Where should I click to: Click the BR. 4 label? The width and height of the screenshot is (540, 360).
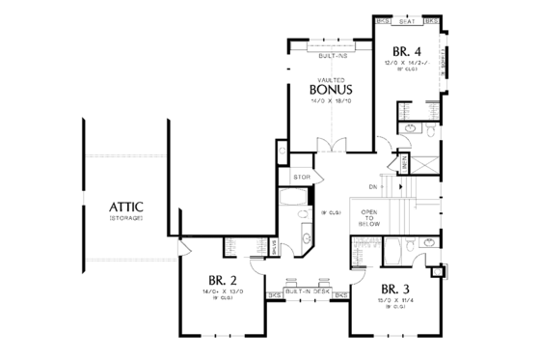pos(406,52)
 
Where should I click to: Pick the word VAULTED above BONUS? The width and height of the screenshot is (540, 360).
pos(330,79)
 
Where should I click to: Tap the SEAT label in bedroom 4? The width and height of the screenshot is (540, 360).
pos(407,19)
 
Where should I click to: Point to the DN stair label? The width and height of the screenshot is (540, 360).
pos(374,186)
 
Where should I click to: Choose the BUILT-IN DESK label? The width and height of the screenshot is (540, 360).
pos(308,291)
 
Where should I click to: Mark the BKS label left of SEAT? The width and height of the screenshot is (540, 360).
pos(383,19)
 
